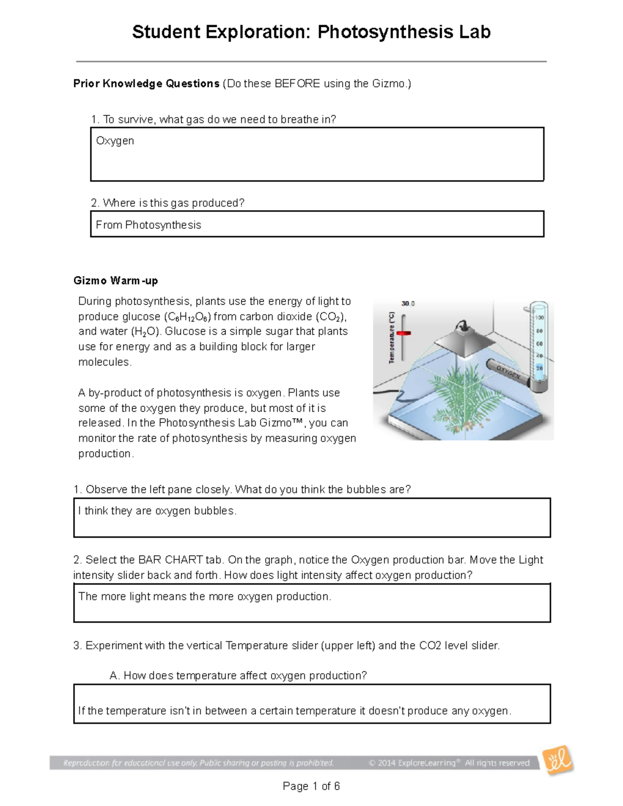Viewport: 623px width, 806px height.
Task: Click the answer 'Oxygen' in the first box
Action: pos(115,141)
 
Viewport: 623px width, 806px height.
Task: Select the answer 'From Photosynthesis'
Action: pos(148,225)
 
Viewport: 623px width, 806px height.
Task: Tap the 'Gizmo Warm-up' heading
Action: pos(116,281)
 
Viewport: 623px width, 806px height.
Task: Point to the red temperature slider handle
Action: pos(403,333)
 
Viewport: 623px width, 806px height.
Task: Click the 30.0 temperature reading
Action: pos(408,304)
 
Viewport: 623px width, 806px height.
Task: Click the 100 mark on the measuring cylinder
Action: pos(539,318)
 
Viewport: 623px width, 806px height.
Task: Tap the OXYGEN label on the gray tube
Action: pos(508,372)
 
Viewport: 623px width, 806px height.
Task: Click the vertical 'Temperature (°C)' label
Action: pos(391,337)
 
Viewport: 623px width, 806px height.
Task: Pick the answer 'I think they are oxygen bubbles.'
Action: pos(157,511)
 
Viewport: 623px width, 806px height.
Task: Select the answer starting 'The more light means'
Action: pos(205,596)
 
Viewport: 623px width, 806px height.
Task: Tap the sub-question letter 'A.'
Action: pos(115,675)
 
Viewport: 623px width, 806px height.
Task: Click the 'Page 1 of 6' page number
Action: pos(311,786)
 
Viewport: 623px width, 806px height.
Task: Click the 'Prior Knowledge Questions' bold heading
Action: pos(146,84)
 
